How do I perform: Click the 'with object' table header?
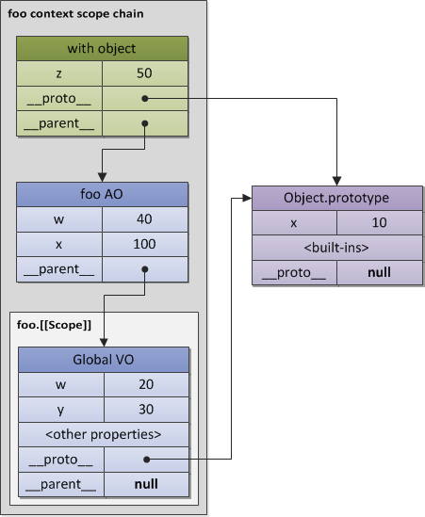click(x=103, y=48)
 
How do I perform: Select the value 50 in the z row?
click(x=144, y=73)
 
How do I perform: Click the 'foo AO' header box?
click(x=103, y=195)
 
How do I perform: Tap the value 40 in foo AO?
click(x=144, y=219)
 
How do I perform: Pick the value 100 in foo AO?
click(x=144, y=244)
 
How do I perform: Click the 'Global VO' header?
click(x=103, y=361)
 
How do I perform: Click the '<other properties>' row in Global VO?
click(x=103, y=434)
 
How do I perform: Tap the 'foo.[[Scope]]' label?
click(x=54, y=325)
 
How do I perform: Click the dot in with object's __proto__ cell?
click(x=144, y=97)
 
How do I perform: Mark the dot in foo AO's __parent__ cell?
click(x=144, y=268)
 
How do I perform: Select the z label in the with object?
click(x=59, y=73)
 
